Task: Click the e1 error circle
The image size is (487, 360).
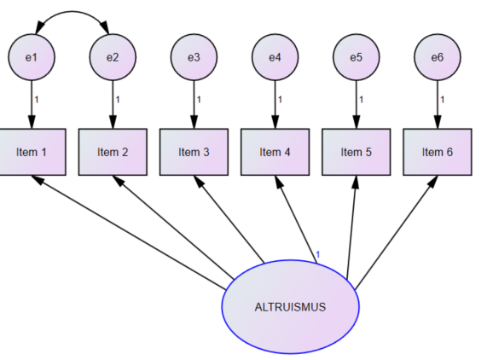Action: tap(32, 57)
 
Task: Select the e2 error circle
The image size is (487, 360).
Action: tap(113, 57)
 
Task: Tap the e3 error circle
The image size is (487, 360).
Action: tap(194, 57)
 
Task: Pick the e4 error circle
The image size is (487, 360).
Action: tap(275, 57)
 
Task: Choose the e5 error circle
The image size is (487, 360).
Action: tap(357, 57)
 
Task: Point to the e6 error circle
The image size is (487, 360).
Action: tap(438, 57)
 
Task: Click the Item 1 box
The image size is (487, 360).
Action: tap(32, 152)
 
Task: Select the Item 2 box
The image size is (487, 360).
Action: tap(113, 152)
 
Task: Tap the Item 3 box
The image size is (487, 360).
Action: tap(194, 152)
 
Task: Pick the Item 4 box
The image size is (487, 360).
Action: tap(275, 152)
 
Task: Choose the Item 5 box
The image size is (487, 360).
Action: tap(357, 152)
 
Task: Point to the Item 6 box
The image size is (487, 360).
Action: tap(438, 152)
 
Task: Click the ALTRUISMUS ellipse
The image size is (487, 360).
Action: tap(290, 307)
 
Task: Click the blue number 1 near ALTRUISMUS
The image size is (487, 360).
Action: tap(317, 255)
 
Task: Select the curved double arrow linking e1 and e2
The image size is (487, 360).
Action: tap(72, 12)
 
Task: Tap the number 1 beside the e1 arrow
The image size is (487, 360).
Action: tap(37, 100)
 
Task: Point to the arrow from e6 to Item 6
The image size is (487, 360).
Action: tap(438, 105)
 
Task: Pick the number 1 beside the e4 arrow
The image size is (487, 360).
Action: tap(280, 100)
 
